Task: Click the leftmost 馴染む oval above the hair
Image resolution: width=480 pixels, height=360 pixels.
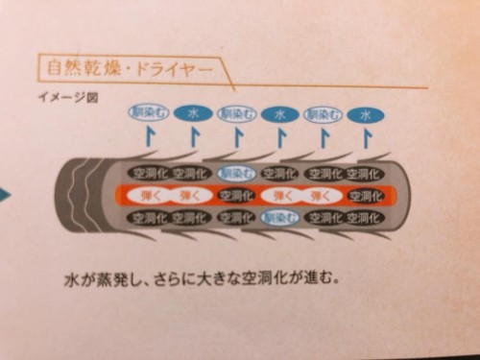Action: coord(149,113)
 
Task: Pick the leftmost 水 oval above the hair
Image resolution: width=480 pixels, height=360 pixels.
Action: coord(192,113)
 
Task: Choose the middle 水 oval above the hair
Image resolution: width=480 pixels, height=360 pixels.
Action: coord(279,114)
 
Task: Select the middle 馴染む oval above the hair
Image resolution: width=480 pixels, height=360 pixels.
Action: coord(236,113)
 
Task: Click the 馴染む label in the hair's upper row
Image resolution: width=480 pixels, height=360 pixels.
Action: coord(235,174)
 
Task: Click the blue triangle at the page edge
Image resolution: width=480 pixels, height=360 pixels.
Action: coord(5,196)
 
